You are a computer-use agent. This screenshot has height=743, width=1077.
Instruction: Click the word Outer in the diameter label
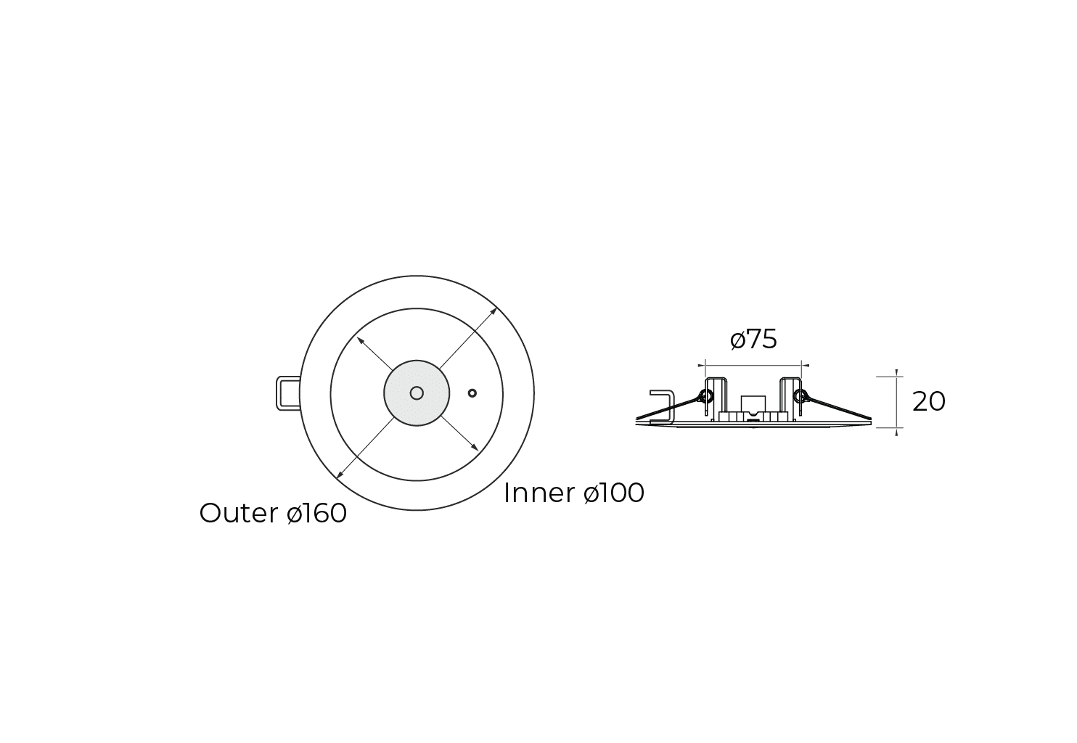pos(238,513)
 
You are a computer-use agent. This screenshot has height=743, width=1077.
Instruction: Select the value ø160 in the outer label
pos(317,513)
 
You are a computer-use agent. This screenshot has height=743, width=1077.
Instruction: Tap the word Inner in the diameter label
pos(539,493)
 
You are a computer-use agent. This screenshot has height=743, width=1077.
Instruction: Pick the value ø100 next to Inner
pos(614,493)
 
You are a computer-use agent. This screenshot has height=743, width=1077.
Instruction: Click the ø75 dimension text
pos(753,339)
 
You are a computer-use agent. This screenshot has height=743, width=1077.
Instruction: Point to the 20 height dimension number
pos(928,401)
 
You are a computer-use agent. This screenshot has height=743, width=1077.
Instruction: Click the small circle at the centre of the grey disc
pos(417,393)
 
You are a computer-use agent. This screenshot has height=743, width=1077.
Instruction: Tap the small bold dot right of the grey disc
pos(472,393)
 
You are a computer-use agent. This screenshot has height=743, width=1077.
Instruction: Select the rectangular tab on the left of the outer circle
pos(287,393)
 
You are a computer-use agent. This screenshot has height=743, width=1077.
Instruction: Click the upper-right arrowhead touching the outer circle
pos(495,311)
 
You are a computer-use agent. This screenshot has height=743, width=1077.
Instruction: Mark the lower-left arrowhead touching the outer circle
pos(338,476)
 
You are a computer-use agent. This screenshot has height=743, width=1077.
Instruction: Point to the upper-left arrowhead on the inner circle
pos(359,338)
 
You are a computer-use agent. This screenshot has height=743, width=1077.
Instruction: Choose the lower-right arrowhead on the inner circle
pos(475,448)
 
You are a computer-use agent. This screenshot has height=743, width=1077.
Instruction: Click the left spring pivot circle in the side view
pos(705,396)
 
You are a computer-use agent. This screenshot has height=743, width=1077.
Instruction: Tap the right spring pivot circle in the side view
pos(800,396)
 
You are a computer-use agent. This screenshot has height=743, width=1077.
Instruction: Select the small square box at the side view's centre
pos(753,403)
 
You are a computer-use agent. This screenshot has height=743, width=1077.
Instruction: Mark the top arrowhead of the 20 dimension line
pos(898,374)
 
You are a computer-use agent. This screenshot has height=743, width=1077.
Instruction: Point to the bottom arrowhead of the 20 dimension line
pos(898,432)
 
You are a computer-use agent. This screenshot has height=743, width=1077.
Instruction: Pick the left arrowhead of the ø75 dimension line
pos(700,366)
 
